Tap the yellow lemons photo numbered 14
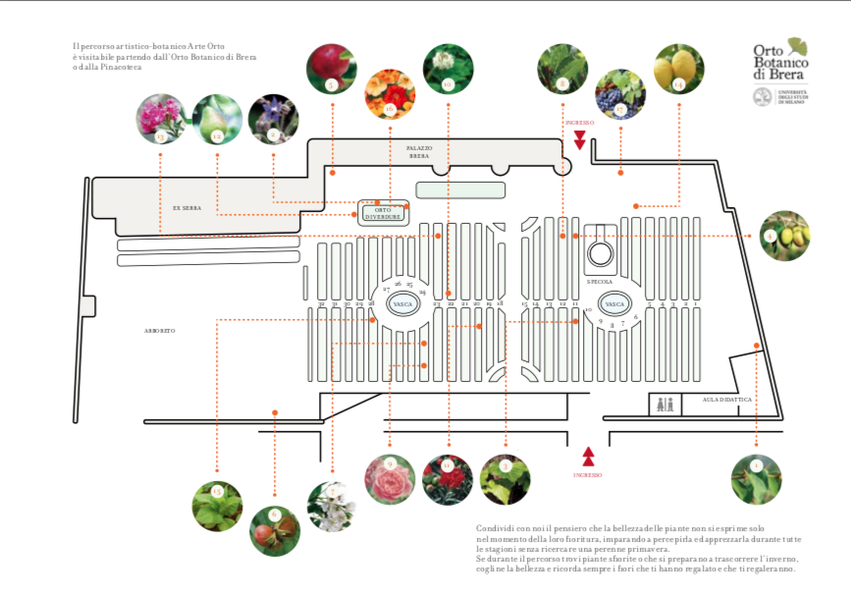(678, 68)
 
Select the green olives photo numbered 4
(785, 236)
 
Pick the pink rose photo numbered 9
(390, 480)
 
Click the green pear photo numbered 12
(216, 118)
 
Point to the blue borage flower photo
(273, 118)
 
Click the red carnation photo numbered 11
(448, 480)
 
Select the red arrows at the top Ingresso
(580, 138)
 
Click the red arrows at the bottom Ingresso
(589, 456)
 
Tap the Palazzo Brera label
(419, 152)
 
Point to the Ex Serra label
(186, 208)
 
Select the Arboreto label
(159, 331)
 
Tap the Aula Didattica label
(726, 400)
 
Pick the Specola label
(600, 281)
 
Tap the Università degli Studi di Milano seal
(763, 97)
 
